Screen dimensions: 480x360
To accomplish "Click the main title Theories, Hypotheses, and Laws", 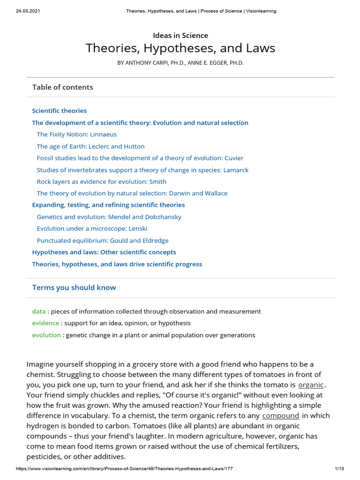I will pyautogui.click(x=180, y=48).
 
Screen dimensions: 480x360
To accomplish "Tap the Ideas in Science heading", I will pyautogui.click(x=180, y=35).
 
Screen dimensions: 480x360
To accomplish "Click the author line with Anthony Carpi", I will pyautogui.click(x=180, y=63).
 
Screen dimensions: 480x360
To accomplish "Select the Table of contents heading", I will pyautogui.click(x=62, y=87).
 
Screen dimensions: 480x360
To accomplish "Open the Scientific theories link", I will pyautogui.click(x=59, y=111).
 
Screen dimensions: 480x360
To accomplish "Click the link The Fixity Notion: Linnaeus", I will pyautogui.click(x=76, y=135).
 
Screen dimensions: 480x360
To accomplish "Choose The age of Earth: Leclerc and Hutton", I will pyautogui.click(x=90, y=146).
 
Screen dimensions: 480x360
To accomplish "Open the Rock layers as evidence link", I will pyautogui.click(x=101, y=181).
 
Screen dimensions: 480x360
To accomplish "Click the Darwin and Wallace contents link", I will pyautogui.click(x=132, y=193).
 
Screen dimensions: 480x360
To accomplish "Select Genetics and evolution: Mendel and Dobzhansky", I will pyautogui.click(x=109, y=217).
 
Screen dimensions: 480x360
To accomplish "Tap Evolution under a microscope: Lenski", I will pyautogui.click(x=92, y=228).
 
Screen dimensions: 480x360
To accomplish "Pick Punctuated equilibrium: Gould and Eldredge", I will pyautogui.click(x=102, y=240).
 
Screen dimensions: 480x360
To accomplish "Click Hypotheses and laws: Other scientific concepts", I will pyautogui.click(x=104, y=252).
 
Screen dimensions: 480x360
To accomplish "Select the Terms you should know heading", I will pyautogui.click(x=74, y=287).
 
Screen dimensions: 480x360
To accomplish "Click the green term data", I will pyautogui.click(x=38, y=311).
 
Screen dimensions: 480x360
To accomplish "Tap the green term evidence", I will pyautogui.click(x=45, y=323).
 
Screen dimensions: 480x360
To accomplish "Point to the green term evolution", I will pyautogui.click(x=46, y=335).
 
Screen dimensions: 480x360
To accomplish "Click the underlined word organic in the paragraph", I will pyautogui.click(x=311, y=385).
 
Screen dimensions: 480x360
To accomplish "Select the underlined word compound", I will pyautogui.click(x=280, y=415).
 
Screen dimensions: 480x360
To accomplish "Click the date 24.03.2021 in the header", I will pyautogui.click(x=22, y=11).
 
